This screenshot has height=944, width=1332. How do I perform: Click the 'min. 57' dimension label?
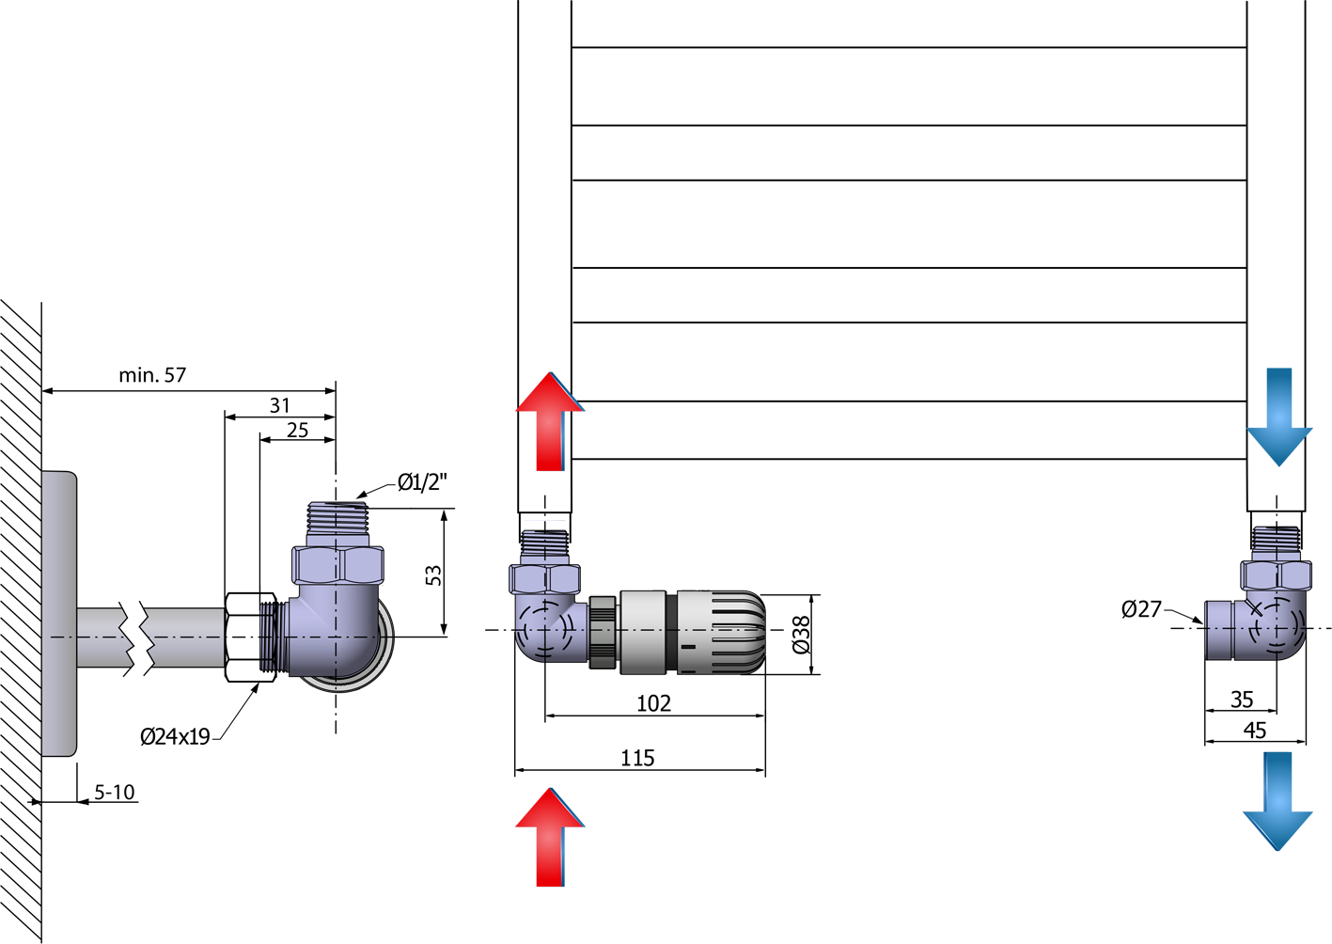tap(152, 375)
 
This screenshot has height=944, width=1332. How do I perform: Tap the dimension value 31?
tap(279, 405)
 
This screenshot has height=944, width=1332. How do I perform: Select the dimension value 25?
tap(297, 430)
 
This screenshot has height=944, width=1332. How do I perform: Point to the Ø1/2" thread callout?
tap(422, 481)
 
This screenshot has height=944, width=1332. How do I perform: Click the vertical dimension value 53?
tap(434, 575)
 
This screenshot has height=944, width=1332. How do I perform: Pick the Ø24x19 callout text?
tap(175, 737)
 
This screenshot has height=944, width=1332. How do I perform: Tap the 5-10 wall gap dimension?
tap(114, 793)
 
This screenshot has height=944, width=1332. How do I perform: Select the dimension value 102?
tap(653, 703)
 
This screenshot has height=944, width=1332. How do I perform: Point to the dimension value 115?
tap(637, 759)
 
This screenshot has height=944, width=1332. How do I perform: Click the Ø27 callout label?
tap(1141, 609)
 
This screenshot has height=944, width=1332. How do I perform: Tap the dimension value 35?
tap(1242, 700)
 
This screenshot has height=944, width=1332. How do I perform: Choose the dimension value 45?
tap(1255, 731)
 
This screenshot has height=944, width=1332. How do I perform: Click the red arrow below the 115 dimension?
tap(550, 838)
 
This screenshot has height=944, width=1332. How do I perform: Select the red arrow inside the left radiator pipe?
tap(550, 421)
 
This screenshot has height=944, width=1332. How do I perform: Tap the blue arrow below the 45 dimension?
tap(1277, 802)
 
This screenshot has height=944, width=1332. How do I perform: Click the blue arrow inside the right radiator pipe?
tap(1279, 417)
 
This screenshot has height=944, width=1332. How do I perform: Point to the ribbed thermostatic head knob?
tap(721, 633)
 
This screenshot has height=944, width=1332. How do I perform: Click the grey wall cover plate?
tap(59, 613)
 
